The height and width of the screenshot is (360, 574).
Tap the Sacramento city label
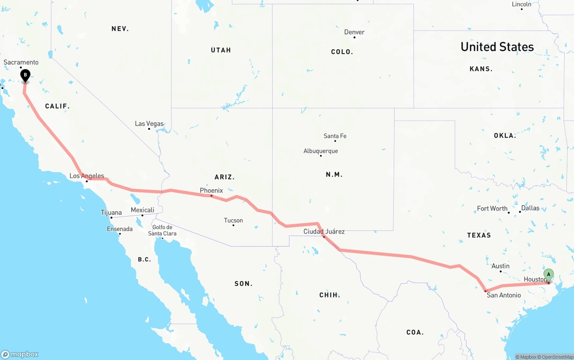tap(21, 62)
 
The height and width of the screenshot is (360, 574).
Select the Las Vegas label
tap(149, 124)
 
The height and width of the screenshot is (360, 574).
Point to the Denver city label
tap(354, 32)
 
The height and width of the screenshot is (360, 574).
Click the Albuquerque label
tap(321, 151)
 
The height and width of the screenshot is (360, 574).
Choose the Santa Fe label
tap(335, 136)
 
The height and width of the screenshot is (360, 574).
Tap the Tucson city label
tap(233, 220)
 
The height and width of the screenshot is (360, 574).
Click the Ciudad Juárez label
tap(324, 231)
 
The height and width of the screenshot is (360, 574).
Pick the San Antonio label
tap(504, 295)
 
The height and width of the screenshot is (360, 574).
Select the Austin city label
tap(500, 266)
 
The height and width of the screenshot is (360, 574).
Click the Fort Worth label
tap(492, 208)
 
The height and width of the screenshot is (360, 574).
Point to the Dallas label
tap(530, 208)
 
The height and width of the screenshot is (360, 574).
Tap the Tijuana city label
tap(111, 213)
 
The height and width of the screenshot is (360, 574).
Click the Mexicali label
tap(142, 210)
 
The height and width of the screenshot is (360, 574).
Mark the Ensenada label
tap(120, 229)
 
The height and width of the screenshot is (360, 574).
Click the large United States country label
tap(497, 47)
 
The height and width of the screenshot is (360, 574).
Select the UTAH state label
tap(221, 50)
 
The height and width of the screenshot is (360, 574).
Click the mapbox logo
tap(20, 354)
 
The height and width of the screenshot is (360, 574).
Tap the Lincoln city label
tap(522, 4)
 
